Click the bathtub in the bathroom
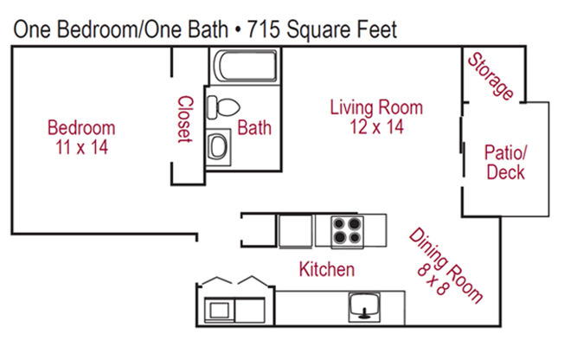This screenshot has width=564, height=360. [246, 66]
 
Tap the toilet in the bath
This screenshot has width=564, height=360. [223, 107]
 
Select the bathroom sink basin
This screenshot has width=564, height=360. [218, 146]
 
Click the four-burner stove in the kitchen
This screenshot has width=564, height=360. [347, 231]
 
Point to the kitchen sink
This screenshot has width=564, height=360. [364, 306]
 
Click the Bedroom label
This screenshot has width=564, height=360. [81, 128]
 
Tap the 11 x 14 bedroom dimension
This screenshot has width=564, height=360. [81, 147]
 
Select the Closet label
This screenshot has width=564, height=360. [186, 119]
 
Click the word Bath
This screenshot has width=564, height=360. [254, 128]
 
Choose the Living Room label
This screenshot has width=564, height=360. [376, 107]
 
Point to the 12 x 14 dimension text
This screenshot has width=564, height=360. [376, 126]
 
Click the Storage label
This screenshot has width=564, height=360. [490, 76]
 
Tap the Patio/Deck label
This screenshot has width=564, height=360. [505, 162]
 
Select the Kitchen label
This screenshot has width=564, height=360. [327, 269]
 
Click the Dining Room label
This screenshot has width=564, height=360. [446, 265]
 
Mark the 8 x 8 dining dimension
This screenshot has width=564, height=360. [433, 280]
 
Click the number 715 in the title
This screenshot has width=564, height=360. [263, 29]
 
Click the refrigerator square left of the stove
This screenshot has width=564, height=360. [295, 231]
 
